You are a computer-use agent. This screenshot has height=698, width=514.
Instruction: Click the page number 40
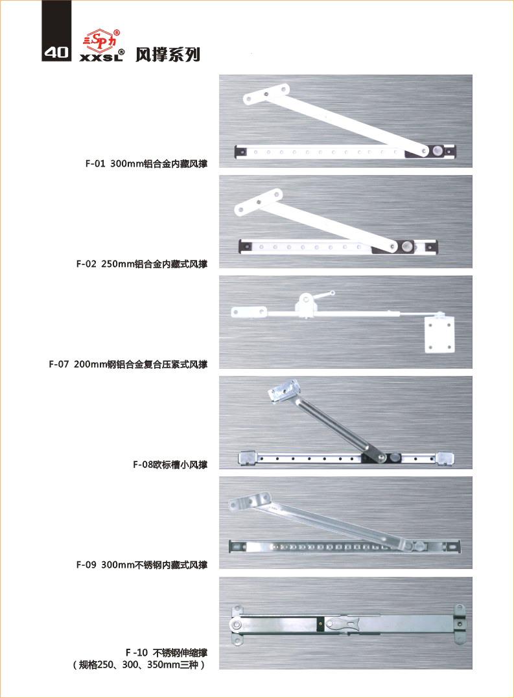click(x=56, y=52)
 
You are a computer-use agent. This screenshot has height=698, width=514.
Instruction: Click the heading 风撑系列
click(x=168, y=54)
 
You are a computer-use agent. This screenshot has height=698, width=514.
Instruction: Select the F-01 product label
click(x=146, y=163)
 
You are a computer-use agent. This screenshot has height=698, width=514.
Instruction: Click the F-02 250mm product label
click(x=141, y=264)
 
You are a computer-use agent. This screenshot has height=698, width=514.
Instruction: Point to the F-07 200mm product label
click(x=128, y=364)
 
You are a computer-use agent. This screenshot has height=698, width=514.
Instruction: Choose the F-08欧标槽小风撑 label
click(x=170, y=465)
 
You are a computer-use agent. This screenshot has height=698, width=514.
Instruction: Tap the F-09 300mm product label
click(x=141, y=565)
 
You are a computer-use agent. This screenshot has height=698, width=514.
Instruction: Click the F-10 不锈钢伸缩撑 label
click(x=167, y=653)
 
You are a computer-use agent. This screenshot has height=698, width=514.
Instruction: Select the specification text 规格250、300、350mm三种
click(x=139, y=664)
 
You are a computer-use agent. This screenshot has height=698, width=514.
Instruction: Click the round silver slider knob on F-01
click(x=438, y=150)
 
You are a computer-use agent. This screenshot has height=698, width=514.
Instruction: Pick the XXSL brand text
click(x=102, y=56)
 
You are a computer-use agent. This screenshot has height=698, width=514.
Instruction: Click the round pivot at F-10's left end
click(x=237, y=625)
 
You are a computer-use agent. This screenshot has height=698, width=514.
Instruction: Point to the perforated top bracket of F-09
click(x=250, y=501)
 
